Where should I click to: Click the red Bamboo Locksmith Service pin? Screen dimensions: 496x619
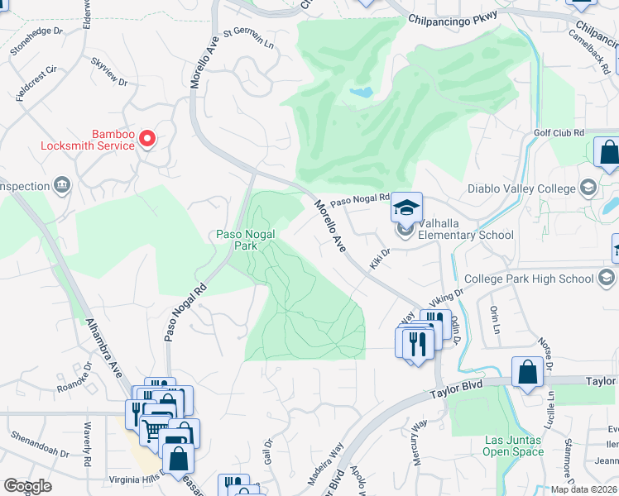pyautogui.click(x=147, y=138)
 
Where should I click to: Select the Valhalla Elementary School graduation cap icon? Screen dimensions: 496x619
pyautogui.click(x=406, y=207)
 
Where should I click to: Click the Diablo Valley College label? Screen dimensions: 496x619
pyautogui.click(x=521, y=188)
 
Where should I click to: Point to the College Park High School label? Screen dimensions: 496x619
pyautogui.click(x=529, y=279)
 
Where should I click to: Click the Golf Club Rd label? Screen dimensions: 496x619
pyautogui.click(x=559, y=133)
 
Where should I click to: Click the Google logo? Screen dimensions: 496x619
pyautogui.click(x=27, y=486)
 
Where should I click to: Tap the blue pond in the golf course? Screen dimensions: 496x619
pyautogui.click(x=361, y=92)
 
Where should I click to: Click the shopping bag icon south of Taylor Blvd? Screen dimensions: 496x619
pyautogui.click(x=527, y=374)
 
